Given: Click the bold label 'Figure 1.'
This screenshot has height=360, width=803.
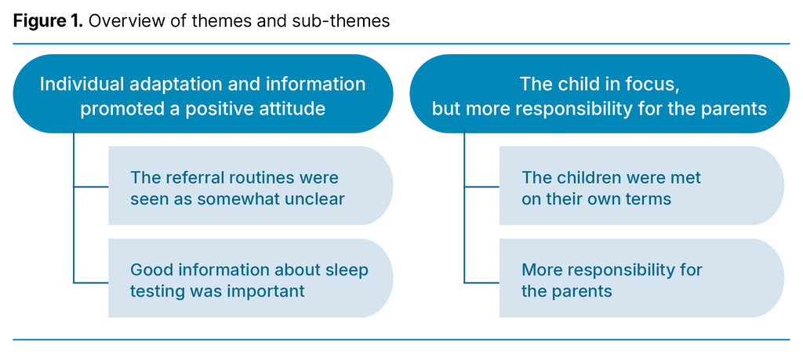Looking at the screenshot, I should (x=48, y=21).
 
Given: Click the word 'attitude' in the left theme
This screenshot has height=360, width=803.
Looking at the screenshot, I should (x=292, y=108).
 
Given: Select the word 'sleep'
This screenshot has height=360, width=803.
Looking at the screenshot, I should (x=347, y=271).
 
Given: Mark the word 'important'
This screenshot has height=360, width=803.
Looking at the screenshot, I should (x=267, y=291).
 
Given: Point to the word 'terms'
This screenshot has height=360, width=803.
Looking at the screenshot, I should (x=643, y=198).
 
